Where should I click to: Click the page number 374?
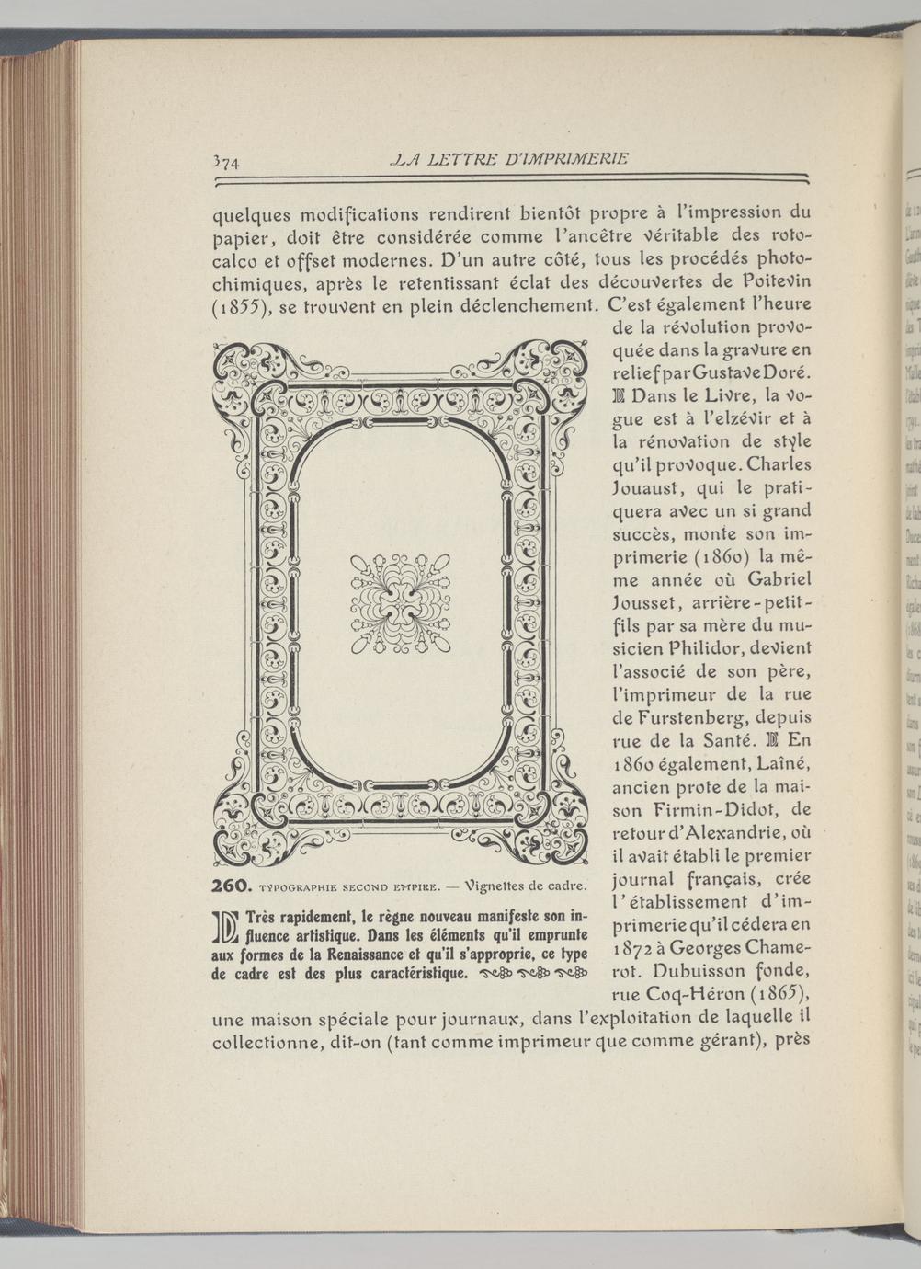pos(225,163)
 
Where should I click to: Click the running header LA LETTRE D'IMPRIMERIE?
pos(508,158)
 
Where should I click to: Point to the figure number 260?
pos(232,886)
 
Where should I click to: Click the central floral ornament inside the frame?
pos(400,603)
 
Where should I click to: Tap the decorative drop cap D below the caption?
pos(225,928)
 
